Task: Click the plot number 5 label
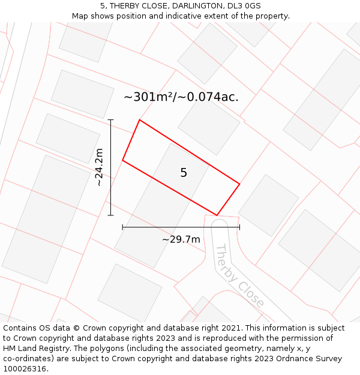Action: pyautogui.click(x=184, y=173)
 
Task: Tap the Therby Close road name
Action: pyautogui.click(x=239, y=275)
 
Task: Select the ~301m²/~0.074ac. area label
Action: pyautogui.click(x=181, y=97)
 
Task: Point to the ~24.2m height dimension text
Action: pyautogui.click(x=100, y=167)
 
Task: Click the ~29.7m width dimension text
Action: pyautogui.click(x=181, y=239)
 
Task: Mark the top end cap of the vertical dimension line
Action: pyautogui.click(x=110, y=120)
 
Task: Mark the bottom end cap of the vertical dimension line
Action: pyautogui.click(x=110, y=215)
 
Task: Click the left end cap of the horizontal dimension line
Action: pyautogui.click(x=122, y=227)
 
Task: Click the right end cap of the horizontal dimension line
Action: pyautogui.click(x=239, y=227)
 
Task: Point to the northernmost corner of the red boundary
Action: pyautogui.click(x=140, y=120)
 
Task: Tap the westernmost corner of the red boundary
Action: pyautogui.click(x=122, y=160)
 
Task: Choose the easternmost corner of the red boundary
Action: pyautogui.click(x=239, y=184)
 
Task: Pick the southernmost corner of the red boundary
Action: pyautogui.click(x=217, y=215)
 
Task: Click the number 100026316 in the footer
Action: pyautogui.click(x=25, y=369)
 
